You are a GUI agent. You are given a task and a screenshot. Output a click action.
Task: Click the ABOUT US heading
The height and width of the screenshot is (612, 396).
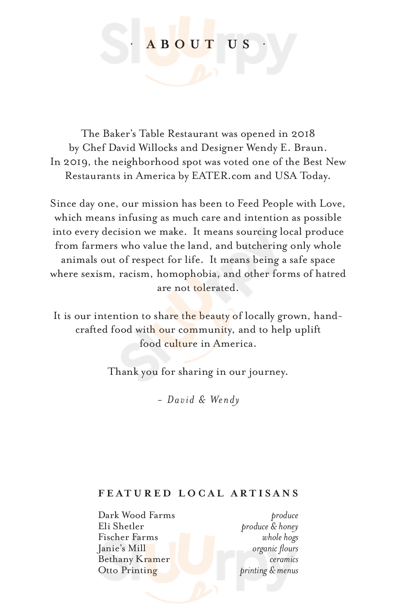pyautogui.click(x=198, y=44)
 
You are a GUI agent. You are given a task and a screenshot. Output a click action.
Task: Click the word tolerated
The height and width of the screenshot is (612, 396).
pyautogui.click(x=215, y=288)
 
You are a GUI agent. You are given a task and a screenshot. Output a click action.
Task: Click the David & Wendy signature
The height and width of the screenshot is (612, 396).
pyautogui.click(x=199, y=400)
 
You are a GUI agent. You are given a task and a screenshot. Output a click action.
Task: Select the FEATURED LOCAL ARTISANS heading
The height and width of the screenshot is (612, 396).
pyautogui.click(x=198, y=493)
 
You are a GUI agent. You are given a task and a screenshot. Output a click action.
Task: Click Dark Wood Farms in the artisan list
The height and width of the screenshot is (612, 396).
pyautogui.click(x=136, y=516)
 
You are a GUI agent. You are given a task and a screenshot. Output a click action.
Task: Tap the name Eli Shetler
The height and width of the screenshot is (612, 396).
pyautogui.click(x=121, y=527)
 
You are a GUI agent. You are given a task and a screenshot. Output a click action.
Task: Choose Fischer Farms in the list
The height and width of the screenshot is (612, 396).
pyautogui.click(x=128, y=537)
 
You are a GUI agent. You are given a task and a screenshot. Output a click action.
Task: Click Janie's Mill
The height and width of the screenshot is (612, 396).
pyautogui.click(x=122, y=549)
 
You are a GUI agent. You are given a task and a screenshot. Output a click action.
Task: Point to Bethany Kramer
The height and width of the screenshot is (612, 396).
pyautogui.click(x=134, y=559)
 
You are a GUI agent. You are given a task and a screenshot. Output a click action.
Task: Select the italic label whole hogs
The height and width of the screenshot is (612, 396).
pyautogui.click(x=280, y=538)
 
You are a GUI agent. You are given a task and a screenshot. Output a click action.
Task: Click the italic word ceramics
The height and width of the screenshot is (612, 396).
pyautogui.click(x=284, y=560)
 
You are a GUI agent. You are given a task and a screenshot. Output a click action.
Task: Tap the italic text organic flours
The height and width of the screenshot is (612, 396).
pyautogui.click(x=275, y=549)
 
